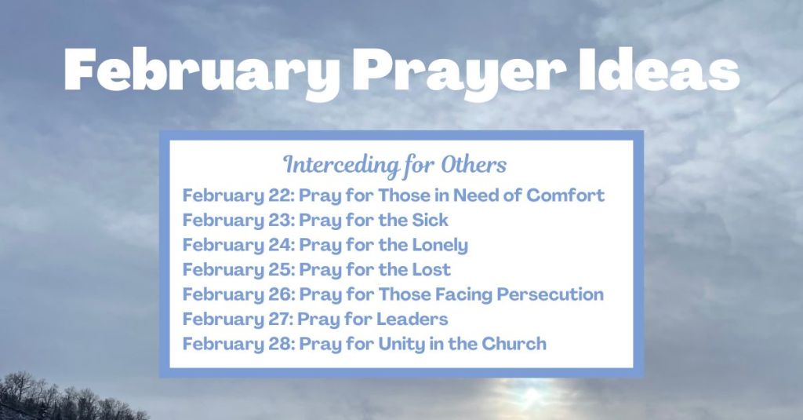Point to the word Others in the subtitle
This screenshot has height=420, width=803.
pos(474,166)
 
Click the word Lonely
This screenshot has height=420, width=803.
pos(440,245)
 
